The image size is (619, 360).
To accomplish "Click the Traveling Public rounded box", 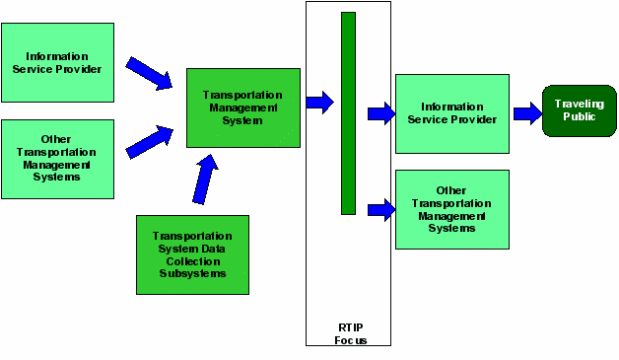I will coord(579,110).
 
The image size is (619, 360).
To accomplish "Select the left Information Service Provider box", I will coord(57,63).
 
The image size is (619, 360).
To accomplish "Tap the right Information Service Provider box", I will coord(452,112).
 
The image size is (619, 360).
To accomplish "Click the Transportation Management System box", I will coord(242,108).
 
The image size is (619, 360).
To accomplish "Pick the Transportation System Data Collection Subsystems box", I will coord(192,254).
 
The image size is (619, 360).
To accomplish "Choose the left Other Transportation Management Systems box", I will coord(57,159).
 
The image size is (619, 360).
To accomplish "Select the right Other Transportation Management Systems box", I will coord(452,209).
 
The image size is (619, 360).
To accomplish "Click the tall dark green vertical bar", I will coord(348,112).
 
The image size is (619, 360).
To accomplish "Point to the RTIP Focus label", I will coord(348,333).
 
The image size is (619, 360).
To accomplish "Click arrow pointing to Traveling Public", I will coord(527,114).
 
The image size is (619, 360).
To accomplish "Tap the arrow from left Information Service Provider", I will coord(148,72).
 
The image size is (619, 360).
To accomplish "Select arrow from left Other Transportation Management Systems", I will coord(149,140).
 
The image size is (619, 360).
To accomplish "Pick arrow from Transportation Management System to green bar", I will coord(319,102).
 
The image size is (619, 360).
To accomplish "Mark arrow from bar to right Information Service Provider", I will coord(380,114).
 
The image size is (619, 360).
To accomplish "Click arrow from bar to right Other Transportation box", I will coord(380,209).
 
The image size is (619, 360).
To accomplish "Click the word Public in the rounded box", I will coord(579,116).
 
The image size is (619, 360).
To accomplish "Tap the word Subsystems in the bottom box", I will coord(192,273).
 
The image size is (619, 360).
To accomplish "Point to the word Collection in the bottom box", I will coord(192,261).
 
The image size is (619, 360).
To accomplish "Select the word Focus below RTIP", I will coord(348,340).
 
